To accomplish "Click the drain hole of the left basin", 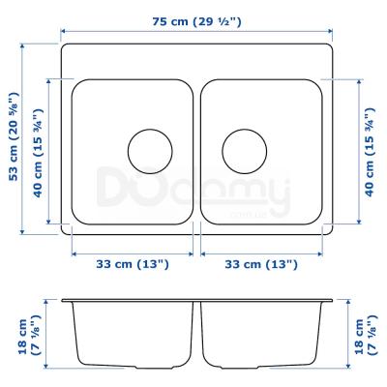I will click(150, 150).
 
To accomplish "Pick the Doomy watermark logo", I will click(193, 190).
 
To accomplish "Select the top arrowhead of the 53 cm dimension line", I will click(27, 44).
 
